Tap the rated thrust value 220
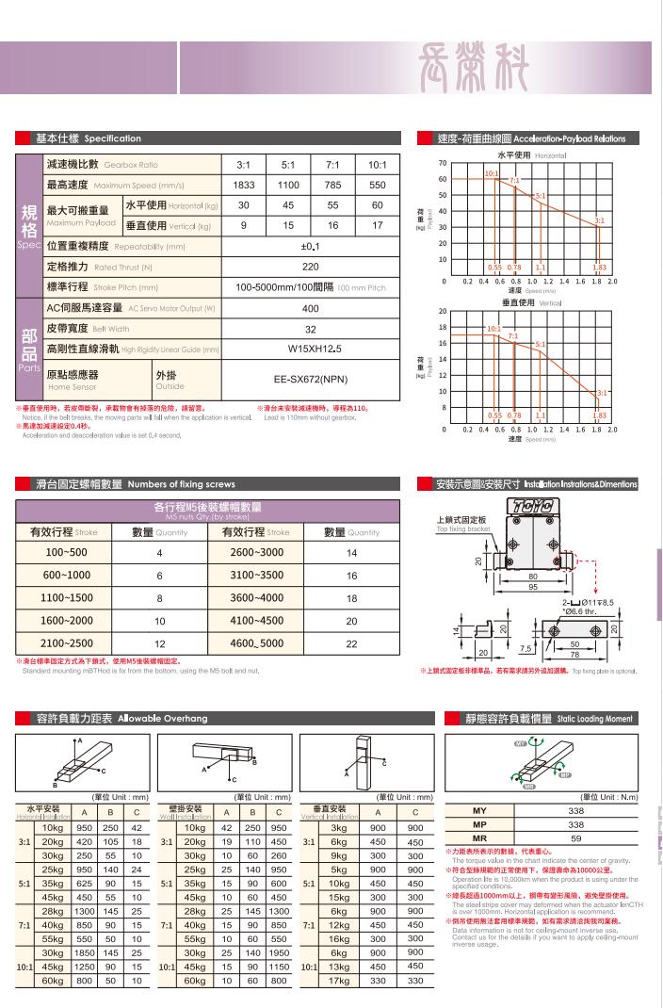point(311,267)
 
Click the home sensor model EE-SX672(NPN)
point(311,381)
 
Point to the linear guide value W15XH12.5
point(311,349)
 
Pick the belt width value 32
point(311,329)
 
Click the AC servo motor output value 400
point(311,308)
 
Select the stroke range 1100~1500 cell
point(67,597)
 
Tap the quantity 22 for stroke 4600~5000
point(351,643)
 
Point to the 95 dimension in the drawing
point(532,587)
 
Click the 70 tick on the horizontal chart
point(443,163)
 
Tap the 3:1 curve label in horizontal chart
point(599,220)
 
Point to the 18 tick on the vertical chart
point(443,327)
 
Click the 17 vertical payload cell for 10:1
point(378,226)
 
